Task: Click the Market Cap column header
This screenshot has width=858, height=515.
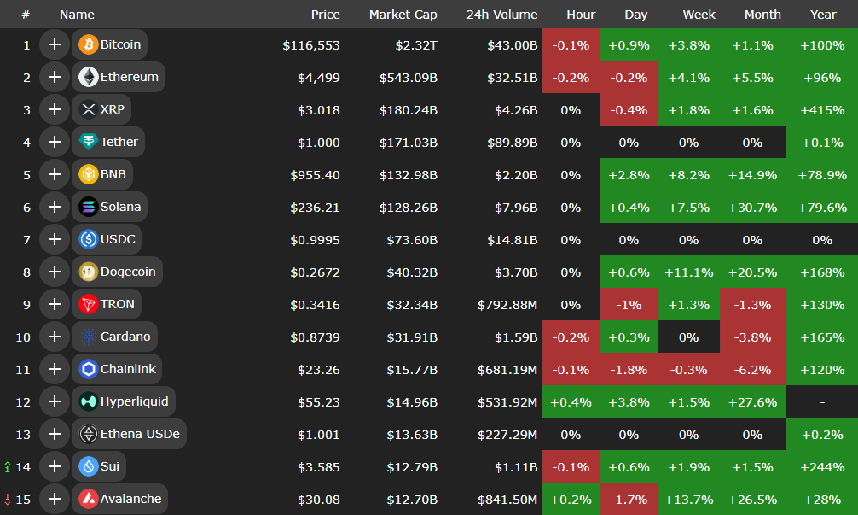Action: [403, 15]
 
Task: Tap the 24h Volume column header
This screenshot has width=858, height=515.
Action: [501, 15]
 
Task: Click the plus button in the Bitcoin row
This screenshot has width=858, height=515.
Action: [55, 44]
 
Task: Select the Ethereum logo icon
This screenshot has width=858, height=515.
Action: [88, 77]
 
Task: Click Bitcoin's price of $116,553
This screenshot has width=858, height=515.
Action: [311, 45]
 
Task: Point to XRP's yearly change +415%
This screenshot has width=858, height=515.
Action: [822, 110]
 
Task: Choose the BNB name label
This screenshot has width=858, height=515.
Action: [113, 174]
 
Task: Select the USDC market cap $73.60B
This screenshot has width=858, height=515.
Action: [409, 240]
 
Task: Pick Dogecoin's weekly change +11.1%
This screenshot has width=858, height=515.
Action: [688, 272]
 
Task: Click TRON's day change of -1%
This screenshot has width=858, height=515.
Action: [629, 305]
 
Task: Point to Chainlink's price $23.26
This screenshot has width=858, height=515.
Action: [319, 370]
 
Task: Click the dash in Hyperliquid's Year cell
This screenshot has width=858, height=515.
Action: [822, 402]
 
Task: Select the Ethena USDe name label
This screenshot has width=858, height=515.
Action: [140, 434]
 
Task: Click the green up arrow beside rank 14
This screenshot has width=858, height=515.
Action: [8, 467]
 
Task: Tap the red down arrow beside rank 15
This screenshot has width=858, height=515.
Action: [8, 500]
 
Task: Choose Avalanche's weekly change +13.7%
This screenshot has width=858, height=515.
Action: [688, 500]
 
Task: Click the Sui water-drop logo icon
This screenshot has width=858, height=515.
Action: [88, 466]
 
